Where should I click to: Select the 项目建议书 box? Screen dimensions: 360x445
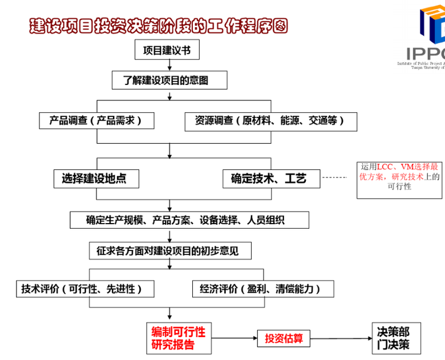click(x=167, y=50)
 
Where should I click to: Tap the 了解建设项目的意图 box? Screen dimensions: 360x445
click(x=169, y=80)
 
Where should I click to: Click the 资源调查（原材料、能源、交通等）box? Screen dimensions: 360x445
click(x=272, y=121)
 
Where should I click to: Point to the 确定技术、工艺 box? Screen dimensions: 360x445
click(x=271, y=179)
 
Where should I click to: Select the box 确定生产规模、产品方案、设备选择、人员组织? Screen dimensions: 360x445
click(x=189, y=220)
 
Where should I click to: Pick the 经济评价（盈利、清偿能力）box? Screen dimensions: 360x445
click(x=263, y=289)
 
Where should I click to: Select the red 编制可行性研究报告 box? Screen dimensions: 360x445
click(x=178, y=338)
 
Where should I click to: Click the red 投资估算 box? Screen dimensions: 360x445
click(x=284, y=338)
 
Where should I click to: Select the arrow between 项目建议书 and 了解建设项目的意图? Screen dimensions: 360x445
click(x=169, y=66)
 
